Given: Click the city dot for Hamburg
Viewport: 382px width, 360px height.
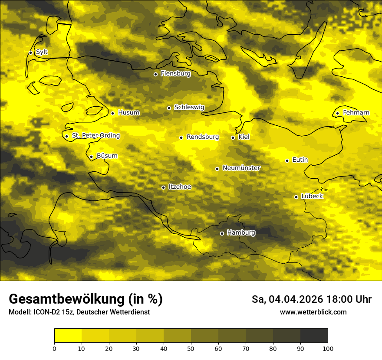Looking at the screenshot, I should click(222, 233).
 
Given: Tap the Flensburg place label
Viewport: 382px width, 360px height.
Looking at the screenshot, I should click(175, 74).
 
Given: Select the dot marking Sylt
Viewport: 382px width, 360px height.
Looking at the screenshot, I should click(30, 52).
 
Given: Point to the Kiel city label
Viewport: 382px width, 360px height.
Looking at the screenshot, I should click(244, 137).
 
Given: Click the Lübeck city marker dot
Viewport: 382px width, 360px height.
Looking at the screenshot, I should click(296, 197).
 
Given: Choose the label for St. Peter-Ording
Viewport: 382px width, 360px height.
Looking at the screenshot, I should click(96, 136).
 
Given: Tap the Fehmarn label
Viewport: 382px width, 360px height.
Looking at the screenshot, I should click(356, 113).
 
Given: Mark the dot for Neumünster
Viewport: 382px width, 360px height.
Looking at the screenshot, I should click(217, 169).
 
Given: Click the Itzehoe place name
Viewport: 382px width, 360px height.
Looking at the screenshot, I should click(180, 187).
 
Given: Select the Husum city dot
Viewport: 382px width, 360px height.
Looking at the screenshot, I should click(112, 113).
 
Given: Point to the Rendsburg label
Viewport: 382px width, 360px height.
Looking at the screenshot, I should click(203, 137).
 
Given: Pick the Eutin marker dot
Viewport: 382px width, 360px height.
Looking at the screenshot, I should click(287, 160).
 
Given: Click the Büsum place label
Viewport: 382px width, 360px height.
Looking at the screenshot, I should click(107, 156).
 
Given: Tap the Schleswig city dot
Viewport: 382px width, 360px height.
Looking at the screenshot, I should click(169, 108).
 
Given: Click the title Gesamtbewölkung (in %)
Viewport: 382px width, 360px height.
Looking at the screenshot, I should click(86, 299).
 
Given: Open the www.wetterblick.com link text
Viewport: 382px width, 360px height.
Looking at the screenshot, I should click(313, 312).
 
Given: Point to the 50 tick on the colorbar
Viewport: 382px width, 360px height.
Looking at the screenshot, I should click(191, 348).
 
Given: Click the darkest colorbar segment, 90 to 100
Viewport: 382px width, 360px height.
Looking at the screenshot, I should click(314, 336).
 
